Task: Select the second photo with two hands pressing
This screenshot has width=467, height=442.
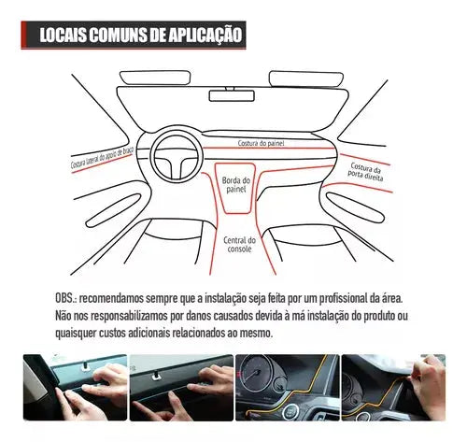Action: coord(177,392)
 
